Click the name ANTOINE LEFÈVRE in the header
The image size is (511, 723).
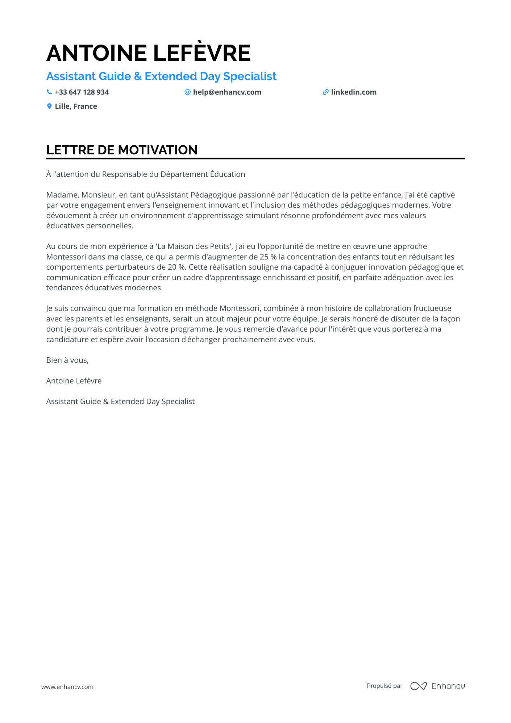click(148, 53)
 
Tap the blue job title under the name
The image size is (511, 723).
click(161, 76)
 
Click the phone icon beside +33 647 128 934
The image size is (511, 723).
click(49, 92)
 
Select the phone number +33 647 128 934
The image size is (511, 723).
click(82, 92)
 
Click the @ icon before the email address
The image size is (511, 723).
click(187, 92)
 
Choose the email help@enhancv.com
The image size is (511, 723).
click(227, 92)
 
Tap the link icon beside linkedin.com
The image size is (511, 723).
click(325, 92)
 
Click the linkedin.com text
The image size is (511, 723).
click(354, 92)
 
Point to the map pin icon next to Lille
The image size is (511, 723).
click(49, 106)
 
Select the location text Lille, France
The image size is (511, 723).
click(76, 106)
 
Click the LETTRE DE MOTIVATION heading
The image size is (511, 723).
click(122, 150)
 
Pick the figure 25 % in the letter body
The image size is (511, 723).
click(268, 257)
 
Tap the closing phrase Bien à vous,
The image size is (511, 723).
click(67, 360)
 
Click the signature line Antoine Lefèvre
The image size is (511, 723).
click(74, 381)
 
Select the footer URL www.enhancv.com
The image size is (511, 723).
click(67, 687)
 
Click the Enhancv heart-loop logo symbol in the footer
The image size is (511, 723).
click(418, 686)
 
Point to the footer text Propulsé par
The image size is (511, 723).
click(385, 686)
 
